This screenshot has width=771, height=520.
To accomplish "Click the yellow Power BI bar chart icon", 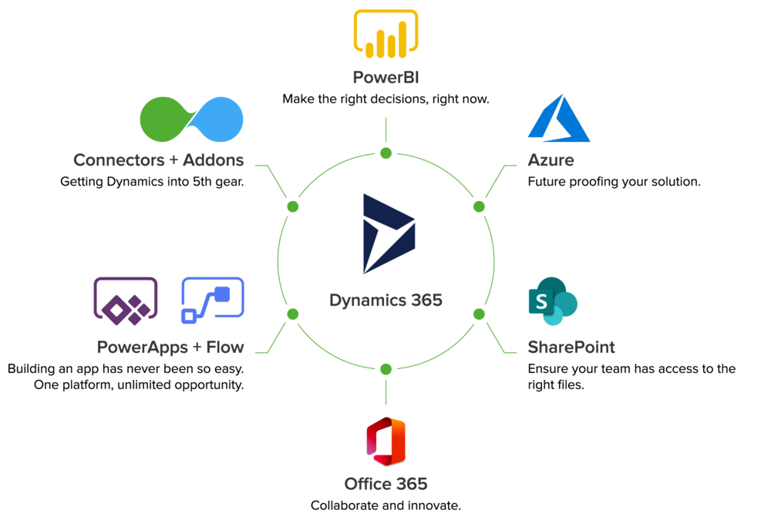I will tap(385, 34).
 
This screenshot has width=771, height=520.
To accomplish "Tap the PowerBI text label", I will tap(385, 78).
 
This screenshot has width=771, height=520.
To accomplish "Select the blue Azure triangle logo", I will tap(559, 119).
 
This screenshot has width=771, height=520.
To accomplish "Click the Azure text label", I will tap(550, 161).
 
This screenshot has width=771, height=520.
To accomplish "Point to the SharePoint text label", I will tap(571, 347).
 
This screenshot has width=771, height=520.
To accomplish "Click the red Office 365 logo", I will tap(385, 441).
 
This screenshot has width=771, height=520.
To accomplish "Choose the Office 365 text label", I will tap(385, 485).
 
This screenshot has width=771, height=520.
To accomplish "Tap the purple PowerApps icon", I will tap(126, 297).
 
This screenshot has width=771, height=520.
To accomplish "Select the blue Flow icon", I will tap(213, 297).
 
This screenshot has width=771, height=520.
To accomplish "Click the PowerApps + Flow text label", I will tap(170, 347).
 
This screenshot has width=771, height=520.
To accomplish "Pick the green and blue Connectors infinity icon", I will tap(191, 119).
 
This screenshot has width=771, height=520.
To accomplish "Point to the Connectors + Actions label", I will tap(158, 160).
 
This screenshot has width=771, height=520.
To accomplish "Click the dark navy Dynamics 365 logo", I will tap(388, 233).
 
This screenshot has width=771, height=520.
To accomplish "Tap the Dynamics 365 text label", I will tap(385, 300).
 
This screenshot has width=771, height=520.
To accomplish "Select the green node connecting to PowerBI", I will tap(385, 153).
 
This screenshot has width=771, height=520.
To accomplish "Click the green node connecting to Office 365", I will tap(385, 369).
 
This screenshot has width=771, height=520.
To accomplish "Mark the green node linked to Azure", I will tap(479, 206).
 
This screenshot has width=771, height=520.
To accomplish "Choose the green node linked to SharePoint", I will tap(479, 314).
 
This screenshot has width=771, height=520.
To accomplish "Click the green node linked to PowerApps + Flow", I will tap(292, 314).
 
